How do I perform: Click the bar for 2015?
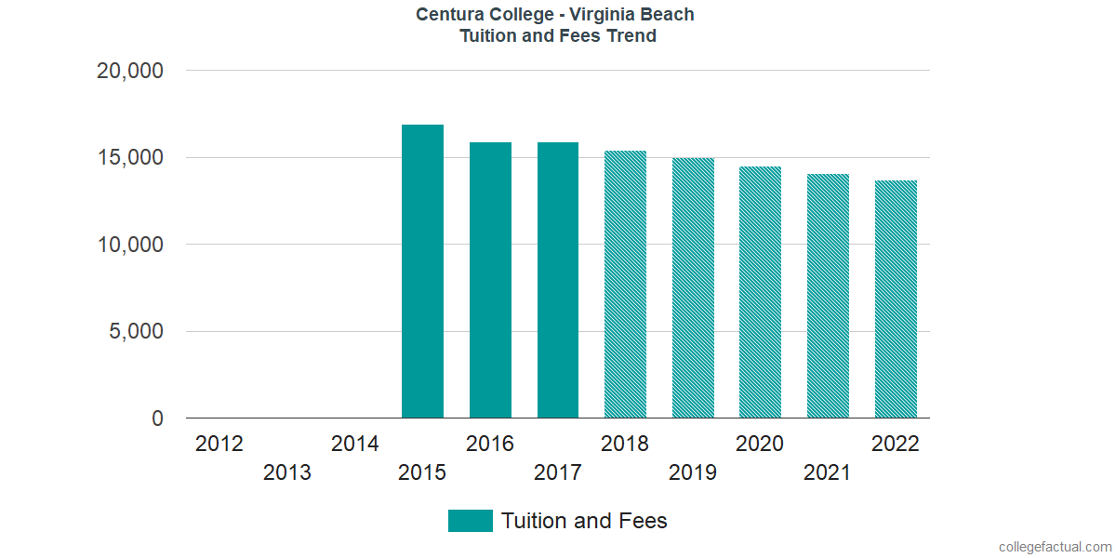pos(422,272)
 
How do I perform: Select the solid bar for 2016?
pos(490,280)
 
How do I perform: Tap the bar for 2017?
pos(558,280)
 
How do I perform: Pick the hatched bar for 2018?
pos(625,285)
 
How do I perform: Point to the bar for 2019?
pos(693,288)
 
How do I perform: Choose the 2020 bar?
pos(760,292)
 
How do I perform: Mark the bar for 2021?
pos(828,296)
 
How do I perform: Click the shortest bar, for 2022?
pos(896,299)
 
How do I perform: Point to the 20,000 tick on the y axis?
pos(130,71)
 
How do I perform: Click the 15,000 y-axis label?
pos(130,158)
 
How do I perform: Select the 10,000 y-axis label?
pos(130,245)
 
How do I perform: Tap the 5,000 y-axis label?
pos(138,332)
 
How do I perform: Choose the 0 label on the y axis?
pos(158,419)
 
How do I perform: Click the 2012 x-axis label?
pos(219,444)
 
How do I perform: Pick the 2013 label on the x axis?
pos(287,472)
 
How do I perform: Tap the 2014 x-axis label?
pos(354,444)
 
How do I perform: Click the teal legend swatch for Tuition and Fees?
pos(470,521)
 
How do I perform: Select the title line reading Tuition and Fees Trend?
pos(557,36)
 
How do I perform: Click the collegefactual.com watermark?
pos(1055,547)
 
